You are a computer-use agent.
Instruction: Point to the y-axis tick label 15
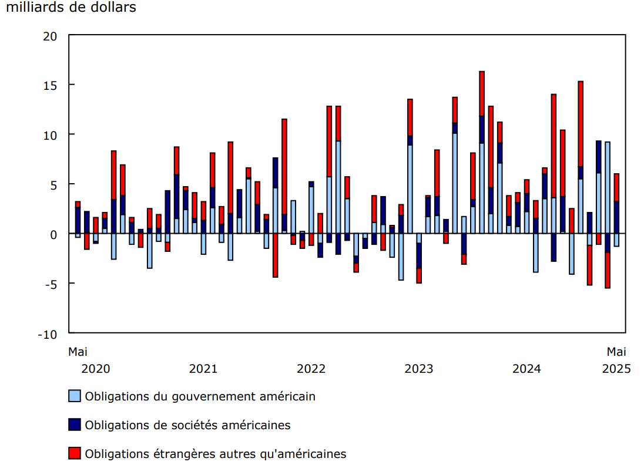pyautogui.click(x=51, y=85)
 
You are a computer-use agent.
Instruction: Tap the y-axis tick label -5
pyautogui.click(x=51, y=284)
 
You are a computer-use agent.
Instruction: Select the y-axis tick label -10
pyautogui.click(x=47, y=334)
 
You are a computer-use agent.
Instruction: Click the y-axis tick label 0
pyautogui.click(x=53, y=234)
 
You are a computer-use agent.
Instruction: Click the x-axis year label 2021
pyautogui.click(x=203, y=369)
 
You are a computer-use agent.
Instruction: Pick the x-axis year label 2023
pyautogui.click(x=419, y=369)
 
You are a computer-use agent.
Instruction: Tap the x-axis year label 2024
pyautogui.click(x=526, y=369)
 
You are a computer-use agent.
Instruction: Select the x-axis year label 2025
pyautogui.click(x=616, y=369)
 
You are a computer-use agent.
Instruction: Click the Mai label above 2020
pyautogui.click(x=78, y=352)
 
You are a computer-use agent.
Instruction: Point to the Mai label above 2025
pyautogui.click(x=616, y=352)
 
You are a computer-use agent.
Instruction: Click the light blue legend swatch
pyautogui.click(x=75, y=396)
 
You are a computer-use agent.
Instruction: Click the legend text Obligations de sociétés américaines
pyautogui.click(x=187, y=425)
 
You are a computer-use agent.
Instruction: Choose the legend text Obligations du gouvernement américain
pyautogui.click(x=200, y=396)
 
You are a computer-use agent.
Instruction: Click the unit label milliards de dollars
pyautogui.click(x=71, y=8)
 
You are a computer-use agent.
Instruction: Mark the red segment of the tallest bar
pyautogui.click(x=482, y=93)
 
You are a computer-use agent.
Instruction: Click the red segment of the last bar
pyautogui.click(x=616, y=187)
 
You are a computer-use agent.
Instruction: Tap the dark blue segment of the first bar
pyautogui.click(x=78, y=220)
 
